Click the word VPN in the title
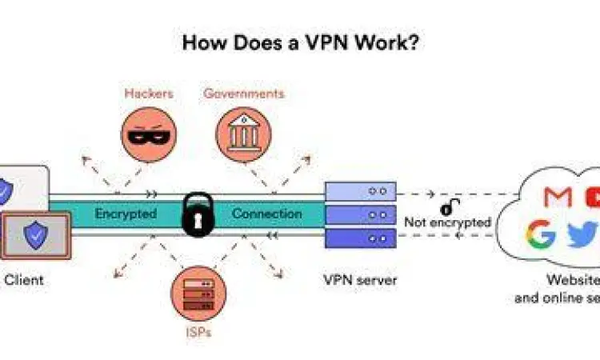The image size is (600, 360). [330, 42]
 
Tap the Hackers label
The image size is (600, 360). [149, 94]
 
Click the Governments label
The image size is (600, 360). [243, 94]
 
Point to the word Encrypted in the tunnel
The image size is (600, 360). [126, 214]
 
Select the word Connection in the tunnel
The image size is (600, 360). [267, 214]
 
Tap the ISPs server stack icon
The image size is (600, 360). [194, 292]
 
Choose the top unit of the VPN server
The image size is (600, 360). [360, 192]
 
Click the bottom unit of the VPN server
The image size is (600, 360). [360, 238]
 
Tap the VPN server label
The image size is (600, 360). [360, 280]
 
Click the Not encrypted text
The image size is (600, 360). [447, 222]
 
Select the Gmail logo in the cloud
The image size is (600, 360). [558, 196]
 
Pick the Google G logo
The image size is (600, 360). [541, 234]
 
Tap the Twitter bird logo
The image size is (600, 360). [579, 234]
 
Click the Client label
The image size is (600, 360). [24, 280]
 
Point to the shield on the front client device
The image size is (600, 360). [34, 235]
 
